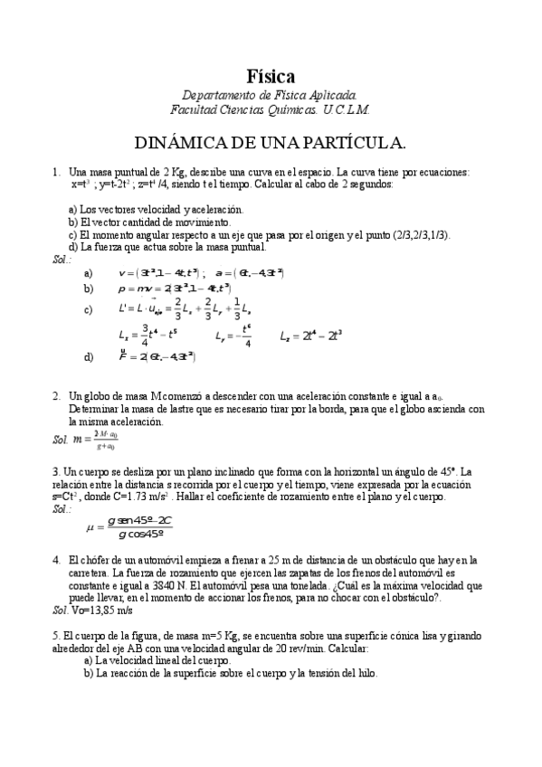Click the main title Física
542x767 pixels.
coord(271,76)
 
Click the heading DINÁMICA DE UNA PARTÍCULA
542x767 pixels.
coord(270,143)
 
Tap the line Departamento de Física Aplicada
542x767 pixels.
coord(270,95)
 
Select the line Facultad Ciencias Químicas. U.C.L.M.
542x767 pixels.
coord(270,109)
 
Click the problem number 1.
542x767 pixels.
coord(55,172)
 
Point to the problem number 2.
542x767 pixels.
coord(55,397)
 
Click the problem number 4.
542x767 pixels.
coord(55,561)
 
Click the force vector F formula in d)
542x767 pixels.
coord(157,356)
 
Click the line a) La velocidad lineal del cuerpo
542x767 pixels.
coord(157,660)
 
